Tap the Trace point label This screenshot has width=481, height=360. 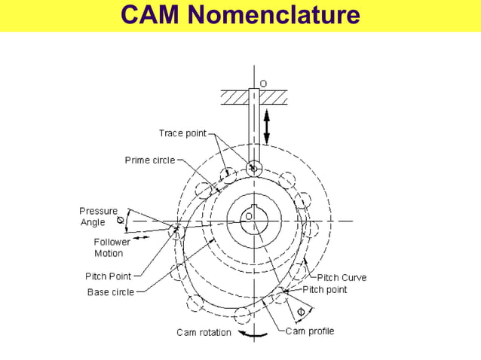pyautogui.click(x=182, y=133)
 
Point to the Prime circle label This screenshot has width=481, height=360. pyautogui.click(x=149, y=160)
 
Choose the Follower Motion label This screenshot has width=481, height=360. pyautogui.click(x=112, y=248)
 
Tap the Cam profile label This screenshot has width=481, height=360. pyautogui.click(x=310, y=331)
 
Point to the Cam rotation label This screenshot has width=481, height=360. pyautogui.click(x=204, y=332)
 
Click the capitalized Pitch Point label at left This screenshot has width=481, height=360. pyautogui.click(x=109, y=276)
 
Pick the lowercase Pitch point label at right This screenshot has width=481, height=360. pyautogui.click(x=325, y=289)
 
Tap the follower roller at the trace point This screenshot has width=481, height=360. pyautogui.click(x=253, y=168)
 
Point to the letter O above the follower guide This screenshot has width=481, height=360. pyautogui.click(x=263, y=81)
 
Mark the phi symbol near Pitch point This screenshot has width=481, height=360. pyautogui.click(x=301, y=310)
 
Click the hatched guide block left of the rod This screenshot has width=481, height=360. pyautogui.click(x=234, y=97)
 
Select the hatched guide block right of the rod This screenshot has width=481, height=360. pyautogui.click(x=273, y=97)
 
